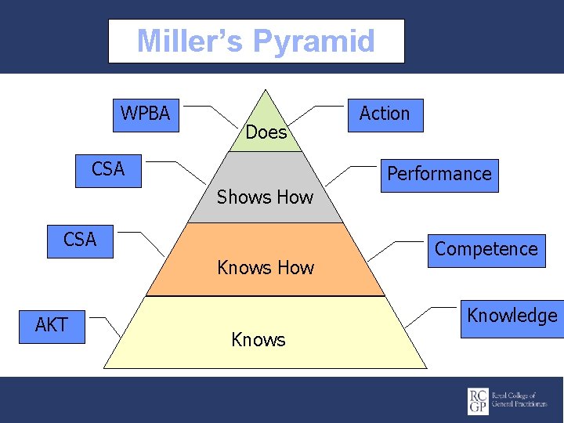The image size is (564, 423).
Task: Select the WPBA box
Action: pos(146,114)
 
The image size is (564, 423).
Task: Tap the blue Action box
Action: pos(385,114)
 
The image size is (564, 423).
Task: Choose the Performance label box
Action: pos(439,174)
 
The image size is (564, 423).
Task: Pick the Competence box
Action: pos(486,250)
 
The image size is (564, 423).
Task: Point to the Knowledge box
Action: pos(512,316)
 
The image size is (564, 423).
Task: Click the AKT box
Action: pos(52,325)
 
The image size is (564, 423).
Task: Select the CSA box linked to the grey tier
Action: pos(109,170)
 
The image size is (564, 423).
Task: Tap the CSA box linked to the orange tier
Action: pos(81,240)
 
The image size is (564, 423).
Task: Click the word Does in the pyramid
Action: pos(266,133)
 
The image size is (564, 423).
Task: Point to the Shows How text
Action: pos(265,197)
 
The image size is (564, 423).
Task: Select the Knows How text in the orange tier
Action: pos(266,269)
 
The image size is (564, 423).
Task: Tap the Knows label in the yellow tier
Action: pos(258,340)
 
